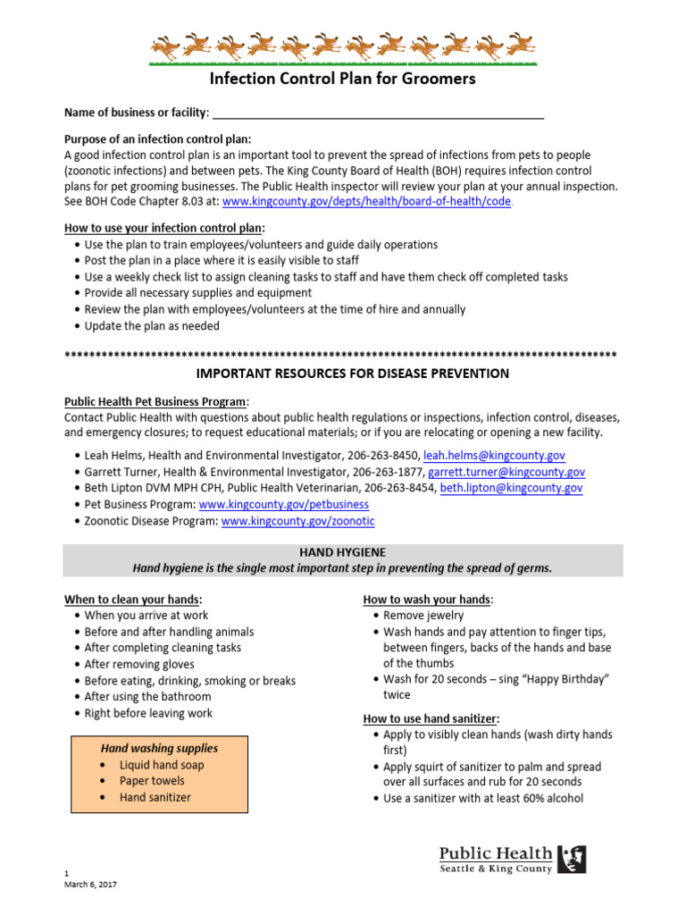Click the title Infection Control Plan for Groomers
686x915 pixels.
[x=342, y=79]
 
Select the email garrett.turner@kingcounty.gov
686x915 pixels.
[x=506, y=472]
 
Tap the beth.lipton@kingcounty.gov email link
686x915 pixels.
[x=511, y=488]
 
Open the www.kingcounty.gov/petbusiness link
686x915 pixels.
[x=283, y=504]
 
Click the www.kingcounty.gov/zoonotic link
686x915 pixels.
[x=297, y=520]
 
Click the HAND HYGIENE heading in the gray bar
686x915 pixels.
[x=343, y=553]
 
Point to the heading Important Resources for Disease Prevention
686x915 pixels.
[x=342, y=374]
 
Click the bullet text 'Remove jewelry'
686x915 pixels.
[x=423, y=616]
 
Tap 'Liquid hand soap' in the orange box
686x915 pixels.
[x=162, y=765]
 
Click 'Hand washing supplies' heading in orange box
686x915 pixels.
[x=159, y=748]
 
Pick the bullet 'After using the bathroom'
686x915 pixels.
[x=147, y=697]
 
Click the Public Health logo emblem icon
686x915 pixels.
[x=572, y=859]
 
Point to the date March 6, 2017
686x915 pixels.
[x=90, y=885]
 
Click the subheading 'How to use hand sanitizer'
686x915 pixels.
[x=431, y=718]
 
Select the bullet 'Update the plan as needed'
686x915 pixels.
[x=151, y=326]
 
